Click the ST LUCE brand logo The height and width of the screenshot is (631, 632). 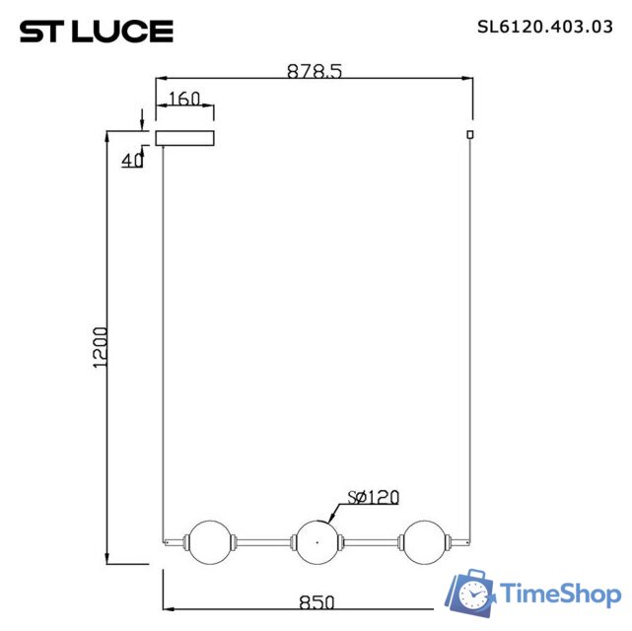(97, 32)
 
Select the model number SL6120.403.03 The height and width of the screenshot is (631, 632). (538, 28)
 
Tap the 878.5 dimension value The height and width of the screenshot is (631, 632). (315, 71)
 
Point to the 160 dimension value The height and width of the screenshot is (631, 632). (184, 99)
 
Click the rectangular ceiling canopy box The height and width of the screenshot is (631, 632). (184, 136)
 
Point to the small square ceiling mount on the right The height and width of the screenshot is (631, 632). (470, 134)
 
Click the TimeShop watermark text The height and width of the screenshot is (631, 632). (560, 594)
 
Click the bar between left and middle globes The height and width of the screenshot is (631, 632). (261, 540)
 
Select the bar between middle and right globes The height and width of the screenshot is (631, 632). (370, 540)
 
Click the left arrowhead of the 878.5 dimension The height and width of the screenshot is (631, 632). (165, 79)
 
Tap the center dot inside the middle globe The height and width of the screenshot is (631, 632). (316, 540)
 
